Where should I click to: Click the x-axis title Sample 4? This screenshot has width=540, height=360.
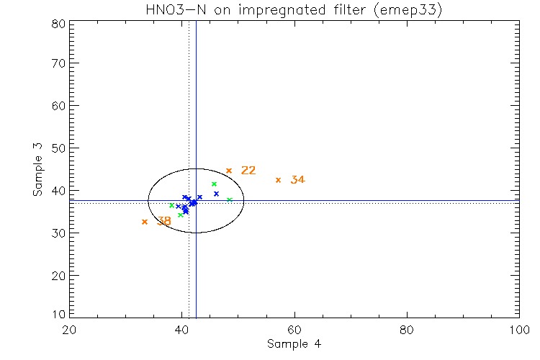(x=294, y=343)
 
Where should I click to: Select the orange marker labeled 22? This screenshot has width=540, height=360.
(x=229, y=171)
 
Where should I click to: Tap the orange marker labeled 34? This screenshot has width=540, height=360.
(x=278, y=180)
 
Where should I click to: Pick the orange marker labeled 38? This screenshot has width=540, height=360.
(x=145, y=222)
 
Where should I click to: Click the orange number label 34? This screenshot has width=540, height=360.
(x=297, y=180)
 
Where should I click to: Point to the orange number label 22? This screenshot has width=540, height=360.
(x=248, y=171)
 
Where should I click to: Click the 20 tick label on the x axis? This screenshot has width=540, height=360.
(x=69, y=330)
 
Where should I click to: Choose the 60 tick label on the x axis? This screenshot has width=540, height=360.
(x=294, y=330)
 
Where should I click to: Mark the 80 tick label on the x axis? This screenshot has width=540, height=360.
(x=407, y=330)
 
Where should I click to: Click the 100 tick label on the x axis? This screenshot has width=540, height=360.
(x=518, y=330)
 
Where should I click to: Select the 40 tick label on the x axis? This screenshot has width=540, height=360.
(x=182, y=330)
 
